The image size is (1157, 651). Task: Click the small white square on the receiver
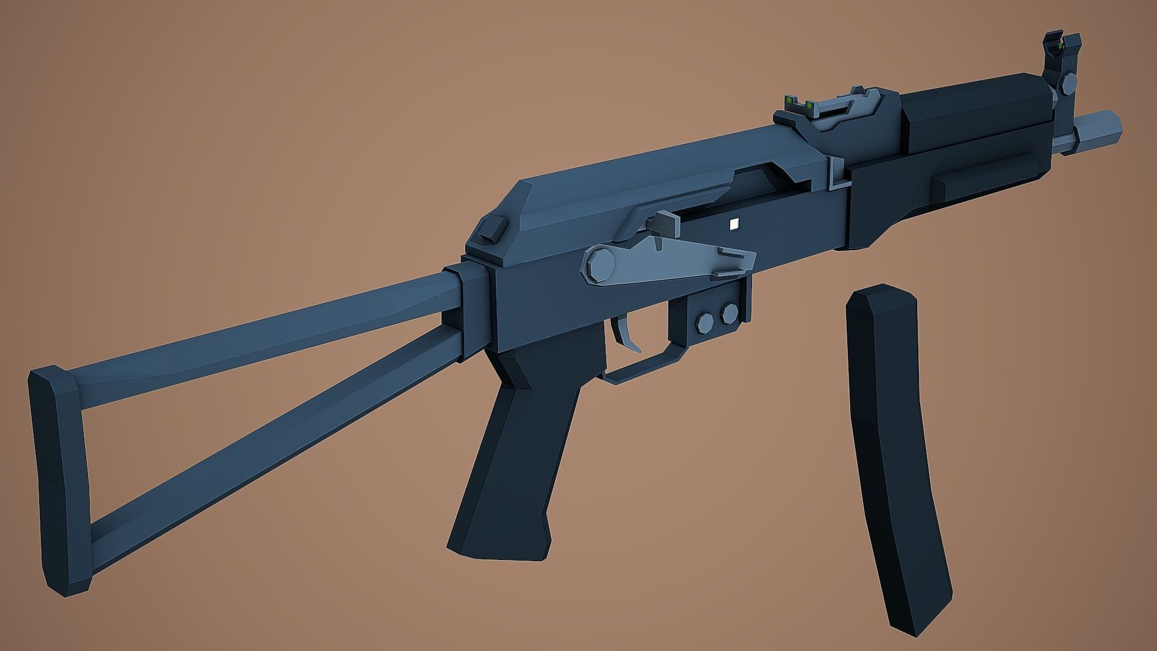click(x=733, y=224)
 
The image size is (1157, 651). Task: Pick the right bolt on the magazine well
click(x=729, y=312)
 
